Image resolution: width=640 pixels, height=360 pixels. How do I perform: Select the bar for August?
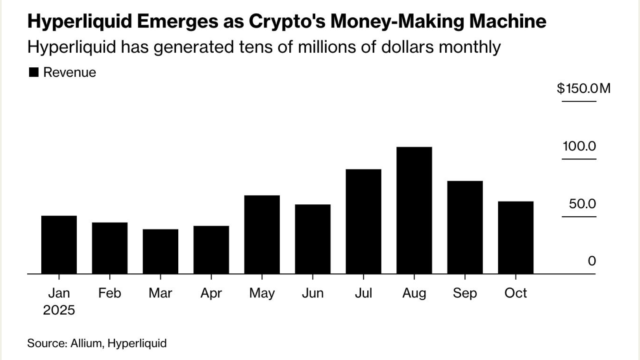click(414, 210)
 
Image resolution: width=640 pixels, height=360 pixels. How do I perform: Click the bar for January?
click(59, 245)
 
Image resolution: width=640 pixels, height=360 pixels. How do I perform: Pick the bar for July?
click(363, 221)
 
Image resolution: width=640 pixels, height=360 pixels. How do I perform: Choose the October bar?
click(516, 238)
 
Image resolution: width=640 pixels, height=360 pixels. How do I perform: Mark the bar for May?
click(262, 234)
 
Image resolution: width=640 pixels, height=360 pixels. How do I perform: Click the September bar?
click(465, 227)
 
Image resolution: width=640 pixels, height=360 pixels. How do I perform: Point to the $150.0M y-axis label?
click(583, 88)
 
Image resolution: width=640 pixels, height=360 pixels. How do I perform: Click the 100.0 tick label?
click(579, 146)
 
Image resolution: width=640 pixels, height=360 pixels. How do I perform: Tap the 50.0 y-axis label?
click(582, 204)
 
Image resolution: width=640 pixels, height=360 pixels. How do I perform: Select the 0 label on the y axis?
click(592, 261)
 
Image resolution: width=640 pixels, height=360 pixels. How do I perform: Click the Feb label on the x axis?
click(109, 293)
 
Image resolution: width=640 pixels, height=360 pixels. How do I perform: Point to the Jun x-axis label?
click(313, 293)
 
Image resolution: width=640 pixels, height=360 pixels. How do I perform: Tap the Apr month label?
click(211, 293)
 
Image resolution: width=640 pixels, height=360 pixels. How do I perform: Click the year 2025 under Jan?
click(59, 310)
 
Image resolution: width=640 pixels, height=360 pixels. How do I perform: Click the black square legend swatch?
click(34, 72)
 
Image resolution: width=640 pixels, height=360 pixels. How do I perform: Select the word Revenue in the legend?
click(70, 72)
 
